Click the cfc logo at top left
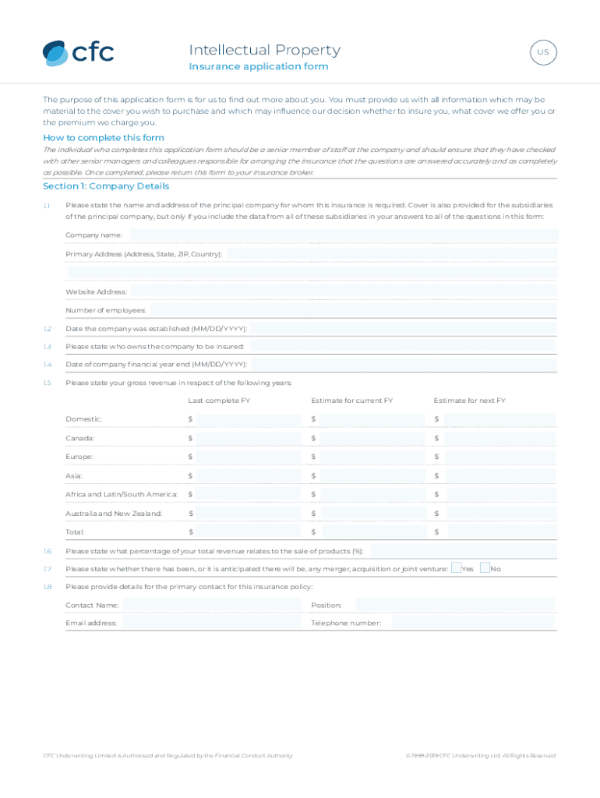(78, 52)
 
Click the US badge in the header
(543, 53)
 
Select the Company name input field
(343, 235)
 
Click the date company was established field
(403, 329)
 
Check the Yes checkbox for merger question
(457, 568)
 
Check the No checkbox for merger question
(485, 568)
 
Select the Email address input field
(211, 623)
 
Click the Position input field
(454, 605)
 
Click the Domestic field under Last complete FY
(249, 419)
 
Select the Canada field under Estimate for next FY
(499, 438)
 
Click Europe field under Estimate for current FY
(375, 457)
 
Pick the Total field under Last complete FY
(249, 531)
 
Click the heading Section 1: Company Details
(106, 186)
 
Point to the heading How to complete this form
(104, 138)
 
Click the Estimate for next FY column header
(469, 401)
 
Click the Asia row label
(74, 475)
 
